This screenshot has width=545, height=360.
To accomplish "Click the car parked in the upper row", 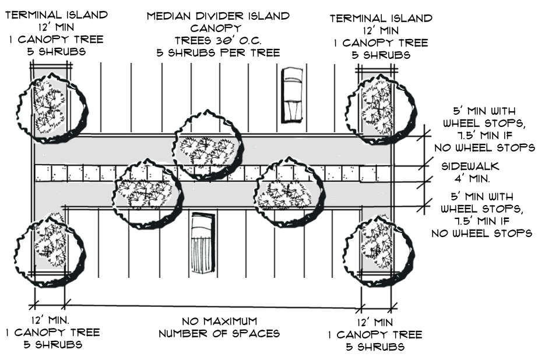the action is pos(291,95).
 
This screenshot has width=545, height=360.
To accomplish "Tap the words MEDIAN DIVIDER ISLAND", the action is pos(218,16).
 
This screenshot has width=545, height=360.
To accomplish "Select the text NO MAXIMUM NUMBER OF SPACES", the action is pos(219,327).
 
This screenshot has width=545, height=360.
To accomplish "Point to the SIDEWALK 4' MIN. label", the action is pos(470,172).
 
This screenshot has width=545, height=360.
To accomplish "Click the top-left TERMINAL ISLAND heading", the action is pos(57,15).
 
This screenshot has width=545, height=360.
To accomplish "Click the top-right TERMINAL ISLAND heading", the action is pos(381,18).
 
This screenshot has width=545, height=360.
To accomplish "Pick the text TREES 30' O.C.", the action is pos(218,40).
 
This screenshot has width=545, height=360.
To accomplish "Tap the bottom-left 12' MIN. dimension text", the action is pos(50,320).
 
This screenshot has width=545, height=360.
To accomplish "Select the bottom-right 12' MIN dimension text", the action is pos(375,322).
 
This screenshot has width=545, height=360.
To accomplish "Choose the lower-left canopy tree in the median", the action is pos(147,193).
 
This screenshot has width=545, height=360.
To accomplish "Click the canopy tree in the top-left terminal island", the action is pos(52,108).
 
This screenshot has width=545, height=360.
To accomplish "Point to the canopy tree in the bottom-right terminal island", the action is pos(379,251).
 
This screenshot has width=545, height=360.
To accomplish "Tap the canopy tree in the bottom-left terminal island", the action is pos(51,249).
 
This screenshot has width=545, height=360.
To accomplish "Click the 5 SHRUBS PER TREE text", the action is pos(218,53).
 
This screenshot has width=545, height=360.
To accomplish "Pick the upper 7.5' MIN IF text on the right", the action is pos(484,135).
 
